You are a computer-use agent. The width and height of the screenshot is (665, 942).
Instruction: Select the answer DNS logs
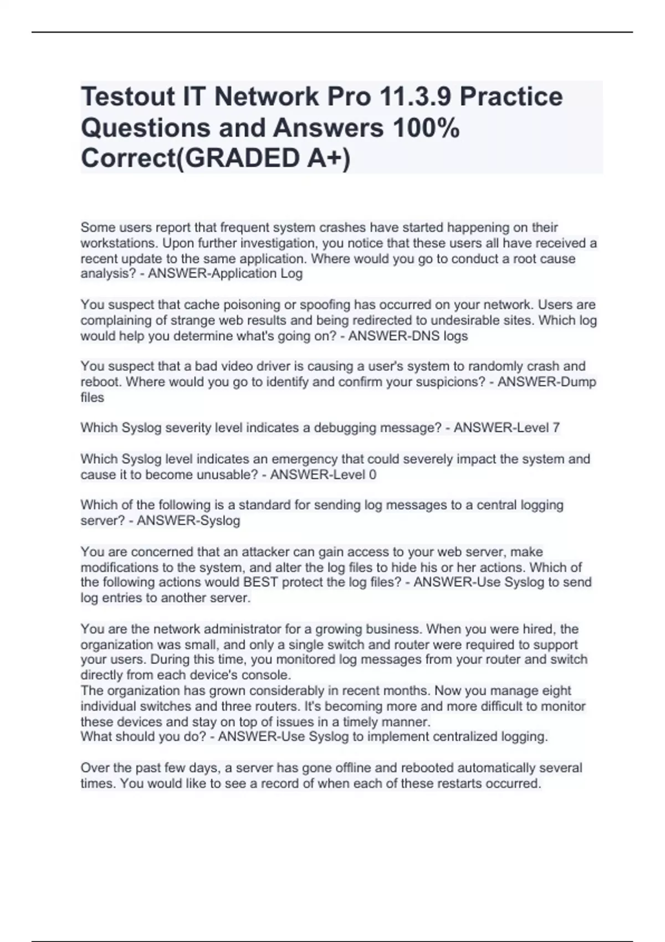click(437, 336)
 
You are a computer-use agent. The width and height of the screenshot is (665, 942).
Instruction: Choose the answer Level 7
click(535, 428)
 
